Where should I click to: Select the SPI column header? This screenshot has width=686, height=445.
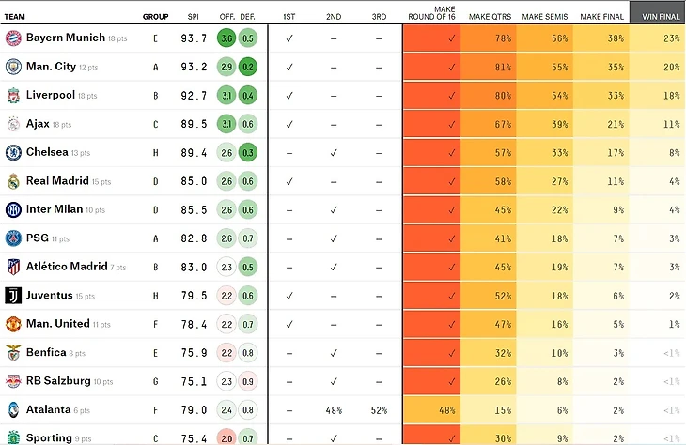(x=194, y=17)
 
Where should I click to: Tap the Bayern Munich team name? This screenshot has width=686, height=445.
(x=66, y=38)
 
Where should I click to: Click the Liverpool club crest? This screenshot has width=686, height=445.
(x=13, y=95)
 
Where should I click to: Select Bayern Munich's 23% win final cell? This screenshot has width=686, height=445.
(x=658, y=38)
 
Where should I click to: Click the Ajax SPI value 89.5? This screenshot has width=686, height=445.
(x=194, y=124)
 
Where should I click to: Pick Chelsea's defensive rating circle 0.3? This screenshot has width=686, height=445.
(x=247, y=152)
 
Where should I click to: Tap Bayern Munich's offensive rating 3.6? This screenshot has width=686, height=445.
(x=226, y=38)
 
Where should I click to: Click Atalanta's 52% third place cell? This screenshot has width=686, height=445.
(x=378, y=409)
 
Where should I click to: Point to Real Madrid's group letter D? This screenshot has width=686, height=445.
(x=155, y=181)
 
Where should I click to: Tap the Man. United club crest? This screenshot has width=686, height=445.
(x=13, y=324)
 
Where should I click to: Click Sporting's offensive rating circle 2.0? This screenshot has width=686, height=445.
(x=226, y=437)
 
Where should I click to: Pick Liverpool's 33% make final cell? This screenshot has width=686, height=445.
(x=602, y=95)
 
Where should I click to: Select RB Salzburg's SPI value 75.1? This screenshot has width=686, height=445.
(x=194, y=381)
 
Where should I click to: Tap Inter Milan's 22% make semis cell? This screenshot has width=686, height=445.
(x=546, y=209)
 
